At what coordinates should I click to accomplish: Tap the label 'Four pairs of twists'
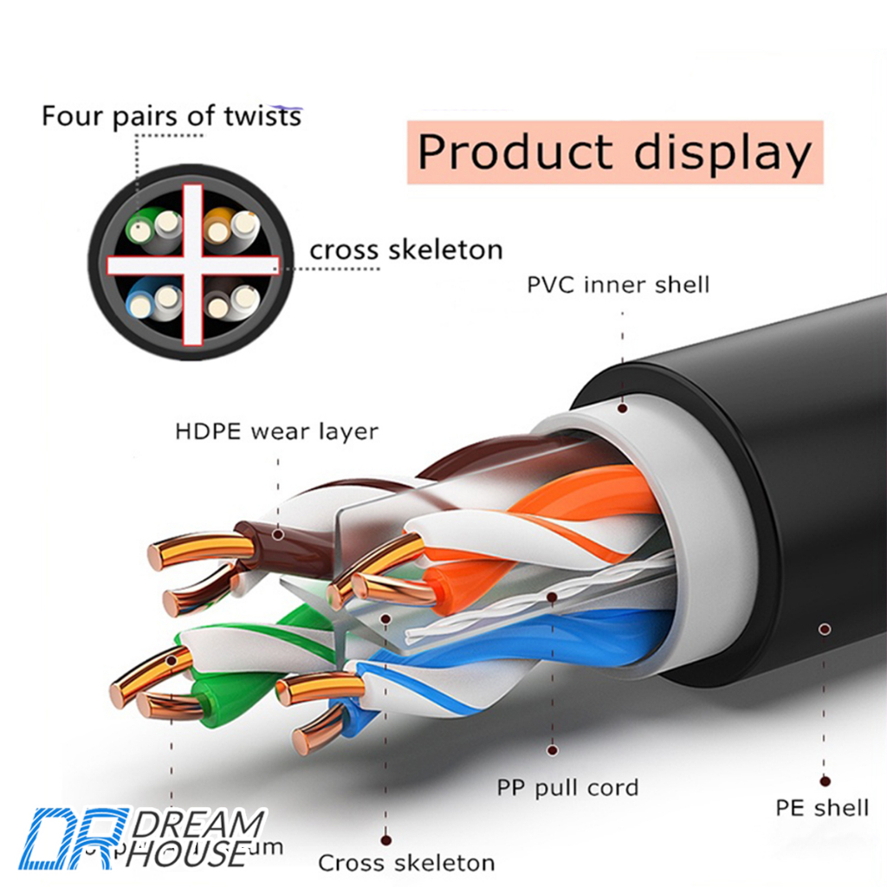[172, 116]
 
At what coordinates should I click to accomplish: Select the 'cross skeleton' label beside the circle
[405, 250]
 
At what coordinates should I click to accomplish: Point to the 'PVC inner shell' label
[618, 284]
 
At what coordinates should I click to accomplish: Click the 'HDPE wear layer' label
[276, 431]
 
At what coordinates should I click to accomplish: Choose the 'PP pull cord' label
[567, 787]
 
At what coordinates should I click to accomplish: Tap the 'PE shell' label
[821, 808]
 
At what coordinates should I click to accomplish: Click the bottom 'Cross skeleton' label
[406, 863]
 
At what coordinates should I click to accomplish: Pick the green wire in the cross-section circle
[139, 229]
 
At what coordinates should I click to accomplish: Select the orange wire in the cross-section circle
[216, 229]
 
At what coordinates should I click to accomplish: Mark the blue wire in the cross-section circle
[139, 303]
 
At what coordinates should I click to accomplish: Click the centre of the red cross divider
[192, 264]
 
